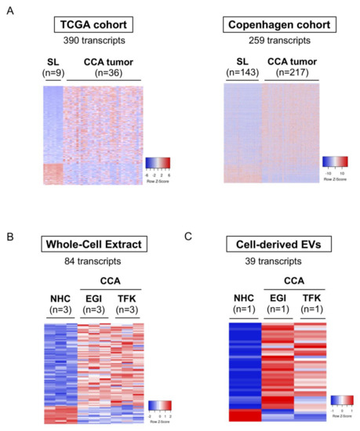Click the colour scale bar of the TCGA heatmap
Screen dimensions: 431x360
pos(158,163)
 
